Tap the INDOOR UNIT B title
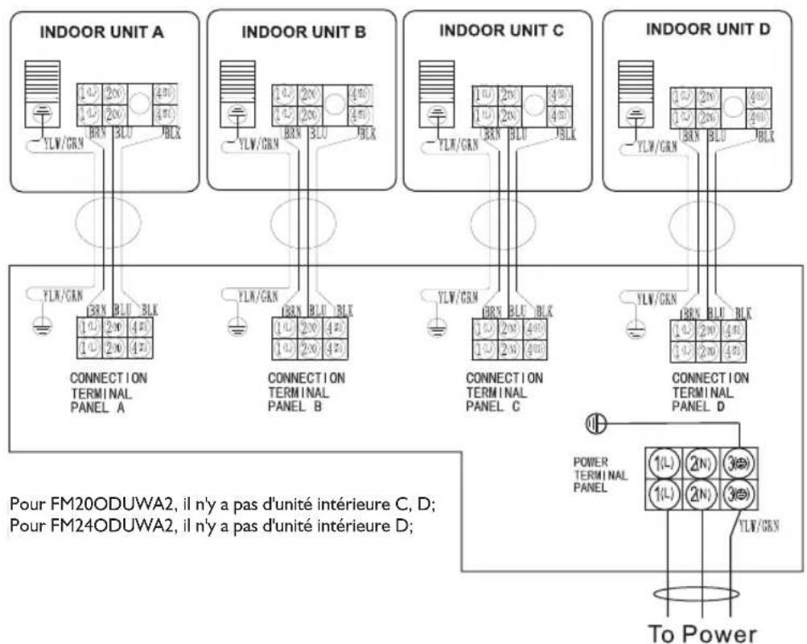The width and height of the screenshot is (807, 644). [304, 33]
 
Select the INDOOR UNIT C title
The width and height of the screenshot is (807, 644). [501, 31]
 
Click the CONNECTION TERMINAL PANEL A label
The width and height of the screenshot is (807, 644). [109, 390]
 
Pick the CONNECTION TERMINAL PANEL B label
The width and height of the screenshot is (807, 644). [307, 390]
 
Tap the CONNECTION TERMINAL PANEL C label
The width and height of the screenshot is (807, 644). [504, 390]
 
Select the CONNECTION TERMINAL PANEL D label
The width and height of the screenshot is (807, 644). [710, 390]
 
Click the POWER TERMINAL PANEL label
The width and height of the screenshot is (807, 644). [595, 476]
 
